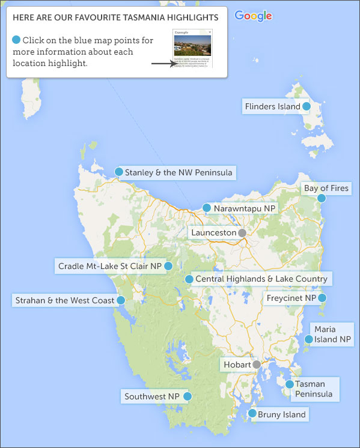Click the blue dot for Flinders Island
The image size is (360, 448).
[x=306, y=106]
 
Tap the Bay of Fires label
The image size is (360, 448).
[x=326, y=188]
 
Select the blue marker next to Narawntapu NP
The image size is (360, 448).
[x=207, y=208]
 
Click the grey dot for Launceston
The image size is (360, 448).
[x=242, y=232]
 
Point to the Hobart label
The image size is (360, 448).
[x=236, y=365]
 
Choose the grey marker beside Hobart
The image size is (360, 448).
[x=257, y=365]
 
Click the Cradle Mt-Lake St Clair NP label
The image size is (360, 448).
[x=110, y=265]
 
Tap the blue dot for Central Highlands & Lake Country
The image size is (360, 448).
[x=189, y=279]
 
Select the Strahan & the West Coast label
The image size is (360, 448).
[x=64, y=300]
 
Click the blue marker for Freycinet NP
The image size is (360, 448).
[x=322, y=297]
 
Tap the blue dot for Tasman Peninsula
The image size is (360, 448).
[x=289, y=384]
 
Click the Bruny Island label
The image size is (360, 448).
[x=282, y=414]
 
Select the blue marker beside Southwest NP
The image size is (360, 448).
[x=188, y=396]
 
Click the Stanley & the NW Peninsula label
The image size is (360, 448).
[x=178, y=172]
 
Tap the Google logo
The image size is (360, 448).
[x=253, y=16]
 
